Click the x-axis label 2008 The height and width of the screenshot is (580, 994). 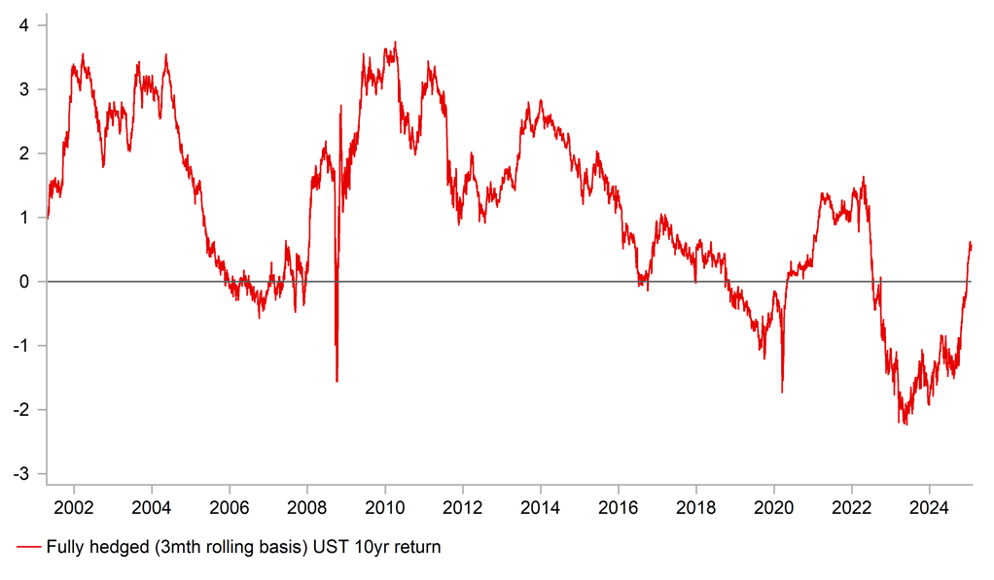306,507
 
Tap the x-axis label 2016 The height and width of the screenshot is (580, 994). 618,507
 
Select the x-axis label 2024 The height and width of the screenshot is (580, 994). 929,507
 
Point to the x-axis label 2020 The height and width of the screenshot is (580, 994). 773,507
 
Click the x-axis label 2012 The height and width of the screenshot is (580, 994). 462,507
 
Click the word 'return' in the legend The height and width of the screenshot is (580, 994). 416,548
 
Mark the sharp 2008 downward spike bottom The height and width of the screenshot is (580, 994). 337,381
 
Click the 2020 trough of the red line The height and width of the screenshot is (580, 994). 782,392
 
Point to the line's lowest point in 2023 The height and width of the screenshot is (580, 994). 905,424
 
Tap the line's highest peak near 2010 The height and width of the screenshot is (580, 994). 395,42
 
